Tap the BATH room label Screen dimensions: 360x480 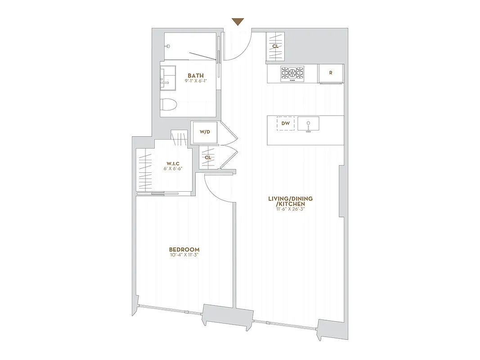point(195,76)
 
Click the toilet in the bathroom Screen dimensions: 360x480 point(169,104)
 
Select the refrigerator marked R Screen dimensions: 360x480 point(331,73)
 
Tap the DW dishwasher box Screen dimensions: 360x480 point(285,123)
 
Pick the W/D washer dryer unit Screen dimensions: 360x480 point(205,132)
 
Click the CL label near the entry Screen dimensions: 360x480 point(275,46)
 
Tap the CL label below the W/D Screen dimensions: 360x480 point(208,157)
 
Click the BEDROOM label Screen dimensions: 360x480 point(184,250)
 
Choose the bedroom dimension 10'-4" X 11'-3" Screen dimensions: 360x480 point(184,255)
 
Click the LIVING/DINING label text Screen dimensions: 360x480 point(290,198)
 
